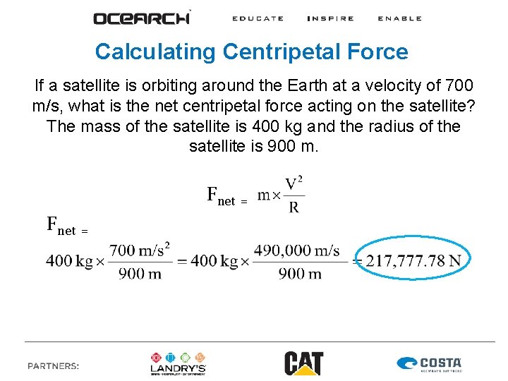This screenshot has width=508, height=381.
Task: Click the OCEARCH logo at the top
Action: pos(141,18)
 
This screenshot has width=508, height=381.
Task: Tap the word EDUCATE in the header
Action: pos(258,18)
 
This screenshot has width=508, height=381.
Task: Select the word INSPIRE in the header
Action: pos(330,18)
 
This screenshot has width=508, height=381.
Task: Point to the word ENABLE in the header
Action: pos(399,18)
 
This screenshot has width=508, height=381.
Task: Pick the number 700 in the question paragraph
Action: pos(459,86)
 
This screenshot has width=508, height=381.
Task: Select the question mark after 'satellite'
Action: pos(471,107)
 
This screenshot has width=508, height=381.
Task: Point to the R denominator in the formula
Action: pos(294,207)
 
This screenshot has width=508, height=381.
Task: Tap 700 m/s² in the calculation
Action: pos(140,250)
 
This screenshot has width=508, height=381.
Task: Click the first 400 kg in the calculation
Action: pos(70,260)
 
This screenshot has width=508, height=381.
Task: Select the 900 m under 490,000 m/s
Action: pos(300,273)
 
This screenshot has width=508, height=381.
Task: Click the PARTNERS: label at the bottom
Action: pos(53,365)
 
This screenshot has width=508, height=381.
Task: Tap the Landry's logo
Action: pos(179,363)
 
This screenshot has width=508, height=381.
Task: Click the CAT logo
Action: pos(303,363)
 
